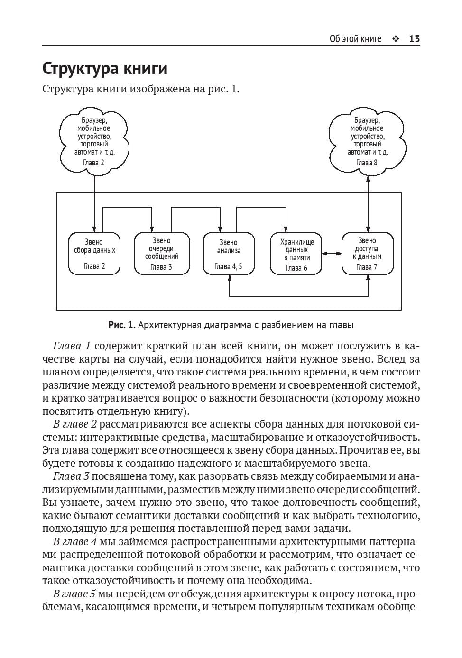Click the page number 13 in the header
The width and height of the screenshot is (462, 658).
pos(414,39)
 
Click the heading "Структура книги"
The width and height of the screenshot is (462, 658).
pos(105,69)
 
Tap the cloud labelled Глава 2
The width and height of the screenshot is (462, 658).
pos(94,141)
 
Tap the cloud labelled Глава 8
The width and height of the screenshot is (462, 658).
pos(368,141)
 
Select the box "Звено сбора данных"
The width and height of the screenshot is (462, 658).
pos(94,254)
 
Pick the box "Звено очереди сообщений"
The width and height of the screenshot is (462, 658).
pos(162,254)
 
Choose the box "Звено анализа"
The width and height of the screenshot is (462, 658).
pos(229,254)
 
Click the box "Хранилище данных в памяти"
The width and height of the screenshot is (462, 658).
pos(296,254)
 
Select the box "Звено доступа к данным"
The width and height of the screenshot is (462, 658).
pos(368,254)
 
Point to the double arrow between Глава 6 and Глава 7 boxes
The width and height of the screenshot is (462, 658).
pos(332,254)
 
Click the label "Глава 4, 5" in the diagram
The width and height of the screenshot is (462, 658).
pos(228,266)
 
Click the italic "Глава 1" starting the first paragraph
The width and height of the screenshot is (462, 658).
pos(72,346)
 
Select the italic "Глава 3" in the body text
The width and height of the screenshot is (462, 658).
pos(71,476)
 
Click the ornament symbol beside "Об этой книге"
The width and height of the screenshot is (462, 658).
pos(396,39)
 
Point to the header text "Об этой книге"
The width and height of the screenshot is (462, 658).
pos(355,39)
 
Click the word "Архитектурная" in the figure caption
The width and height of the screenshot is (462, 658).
pos(169,325)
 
